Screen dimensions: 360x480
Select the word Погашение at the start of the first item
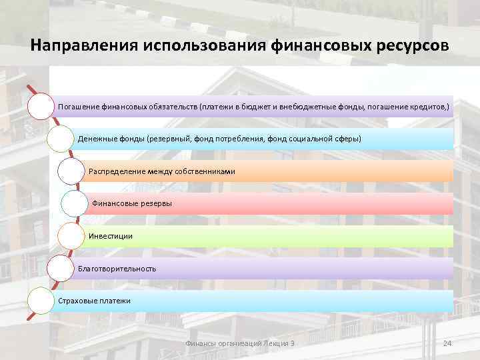79,107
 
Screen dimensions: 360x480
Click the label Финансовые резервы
131,203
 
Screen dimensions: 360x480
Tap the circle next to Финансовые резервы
74,203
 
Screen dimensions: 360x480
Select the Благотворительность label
117,268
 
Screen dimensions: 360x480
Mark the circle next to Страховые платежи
40,301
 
